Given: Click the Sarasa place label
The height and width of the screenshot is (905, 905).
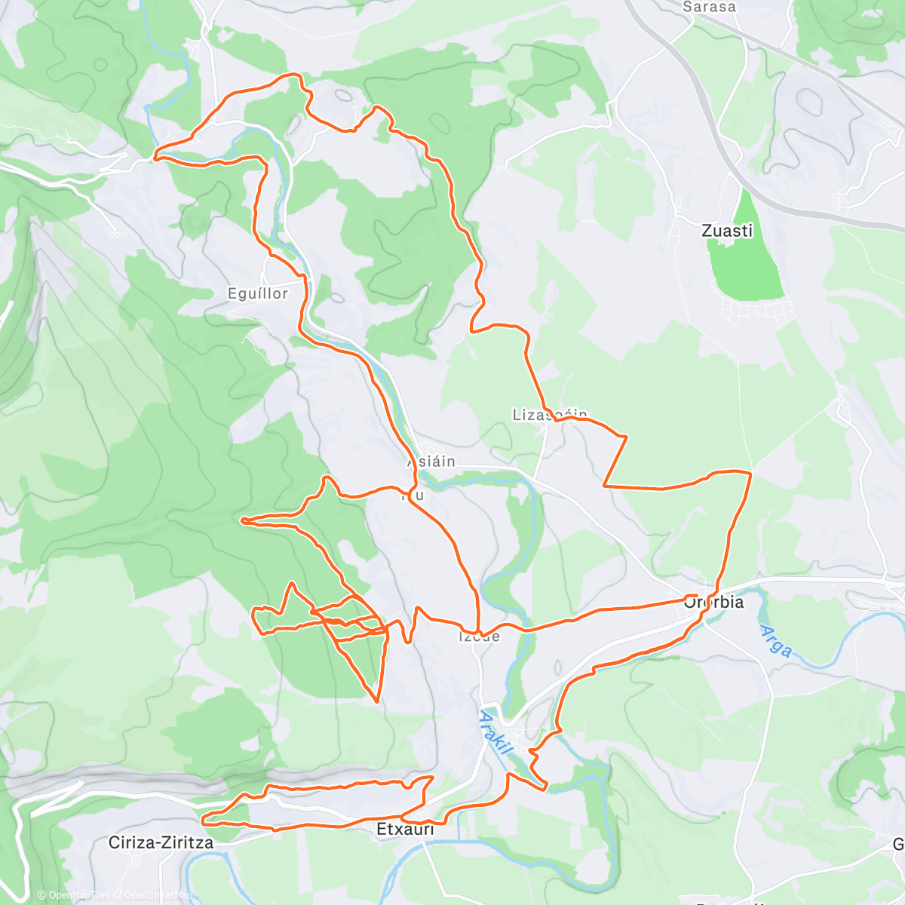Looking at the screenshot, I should [708, 7].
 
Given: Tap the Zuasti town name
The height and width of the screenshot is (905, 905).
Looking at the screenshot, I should [727, 231].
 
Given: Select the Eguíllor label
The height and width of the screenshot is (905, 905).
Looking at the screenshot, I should [258, 293].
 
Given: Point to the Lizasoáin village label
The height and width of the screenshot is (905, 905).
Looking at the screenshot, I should [549, 415].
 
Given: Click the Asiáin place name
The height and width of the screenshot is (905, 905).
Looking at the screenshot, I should [431, 461].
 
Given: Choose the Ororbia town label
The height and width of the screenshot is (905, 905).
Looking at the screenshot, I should [713, 602].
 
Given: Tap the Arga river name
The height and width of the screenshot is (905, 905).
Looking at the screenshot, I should [776, 640].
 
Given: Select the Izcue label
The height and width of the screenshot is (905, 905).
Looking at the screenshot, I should [479, 637].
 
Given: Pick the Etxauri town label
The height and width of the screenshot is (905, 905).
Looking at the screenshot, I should [405, 830].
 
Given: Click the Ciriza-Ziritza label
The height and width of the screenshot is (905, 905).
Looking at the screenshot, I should [161, 842].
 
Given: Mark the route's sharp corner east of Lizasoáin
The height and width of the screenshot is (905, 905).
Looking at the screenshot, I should [626, 436].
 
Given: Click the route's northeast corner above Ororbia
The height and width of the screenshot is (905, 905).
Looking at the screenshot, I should [750, 473].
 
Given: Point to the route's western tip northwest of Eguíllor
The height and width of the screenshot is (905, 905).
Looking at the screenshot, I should [155, 158].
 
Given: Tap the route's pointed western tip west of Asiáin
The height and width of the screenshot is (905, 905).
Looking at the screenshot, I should [241, 520].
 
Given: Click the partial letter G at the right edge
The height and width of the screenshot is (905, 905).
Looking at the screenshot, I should [898, 843].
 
